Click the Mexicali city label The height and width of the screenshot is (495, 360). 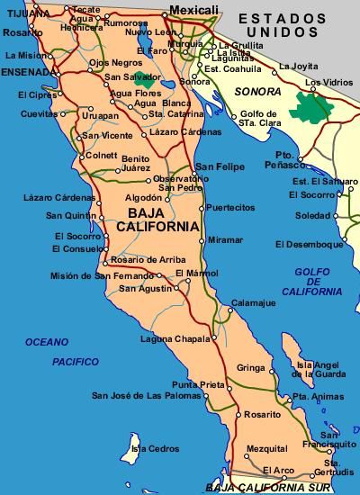195,9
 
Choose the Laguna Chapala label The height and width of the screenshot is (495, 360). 173,338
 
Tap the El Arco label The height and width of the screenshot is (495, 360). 277,470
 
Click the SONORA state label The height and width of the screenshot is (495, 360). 254,92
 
